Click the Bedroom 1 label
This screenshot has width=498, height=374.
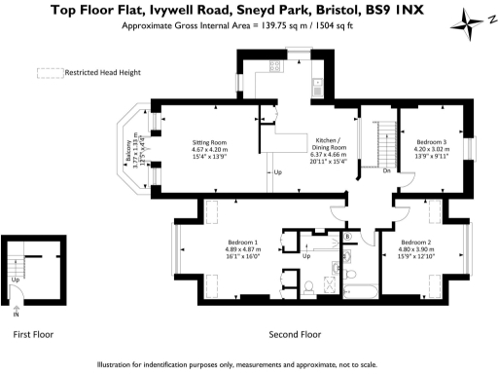[240, 242]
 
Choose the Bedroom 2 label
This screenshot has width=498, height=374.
[415, 242]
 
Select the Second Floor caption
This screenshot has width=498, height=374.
[294, 334]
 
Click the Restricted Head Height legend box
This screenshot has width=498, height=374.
[48, 72]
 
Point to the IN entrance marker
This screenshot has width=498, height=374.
[15, 315]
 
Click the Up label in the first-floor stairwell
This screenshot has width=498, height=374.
[15, 280]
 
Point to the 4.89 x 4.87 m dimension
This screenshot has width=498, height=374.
[240, 249]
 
